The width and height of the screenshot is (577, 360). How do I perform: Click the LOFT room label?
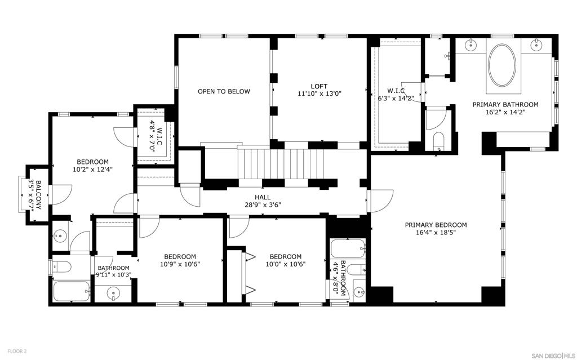point(319,86)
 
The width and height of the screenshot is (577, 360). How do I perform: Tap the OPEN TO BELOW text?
point(224,91)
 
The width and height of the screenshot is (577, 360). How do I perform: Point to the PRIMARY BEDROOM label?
point(436,225)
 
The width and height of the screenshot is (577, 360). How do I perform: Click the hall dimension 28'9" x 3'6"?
point(263,205)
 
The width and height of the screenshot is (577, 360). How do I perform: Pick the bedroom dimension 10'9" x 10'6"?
point(180,264)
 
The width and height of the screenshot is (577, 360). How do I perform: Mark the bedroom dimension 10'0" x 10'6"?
point(286,264)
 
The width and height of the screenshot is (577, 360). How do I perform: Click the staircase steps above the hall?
point(282,163)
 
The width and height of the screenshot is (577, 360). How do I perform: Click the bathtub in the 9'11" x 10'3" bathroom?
point(71,291)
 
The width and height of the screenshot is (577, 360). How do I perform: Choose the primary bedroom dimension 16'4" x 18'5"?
point(436,233)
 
